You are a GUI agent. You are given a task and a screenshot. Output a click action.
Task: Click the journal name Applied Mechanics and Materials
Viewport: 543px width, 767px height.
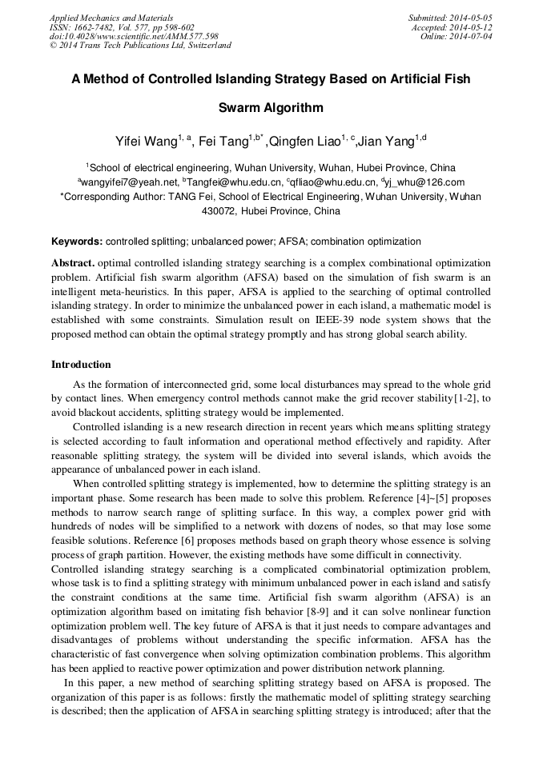click(111, 18)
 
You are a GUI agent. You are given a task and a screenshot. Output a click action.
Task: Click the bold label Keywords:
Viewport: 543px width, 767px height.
click(77, 241)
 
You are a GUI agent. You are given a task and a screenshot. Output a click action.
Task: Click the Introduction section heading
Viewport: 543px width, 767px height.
click(81, 365)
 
